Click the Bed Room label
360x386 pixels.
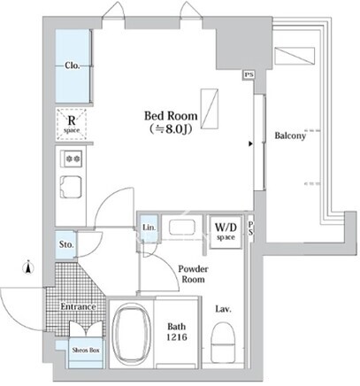(171, 116)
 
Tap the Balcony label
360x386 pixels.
(290, 135)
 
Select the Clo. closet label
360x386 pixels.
(73, 66)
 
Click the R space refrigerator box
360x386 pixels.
(72, 124)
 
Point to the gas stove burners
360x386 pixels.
(73, 159)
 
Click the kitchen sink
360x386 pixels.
(71, 187)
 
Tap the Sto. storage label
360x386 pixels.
(66, 244)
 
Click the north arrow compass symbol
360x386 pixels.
(28, 267)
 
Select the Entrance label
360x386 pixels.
(79, 306)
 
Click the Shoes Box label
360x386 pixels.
(86, 351)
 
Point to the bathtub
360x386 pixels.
(131, 334)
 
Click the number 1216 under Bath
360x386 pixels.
(177, 337)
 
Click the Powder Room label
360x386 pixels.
(193, 274)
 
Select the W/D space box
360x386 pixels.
(226, 232)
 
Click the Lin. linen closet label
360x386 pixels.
(149, 228)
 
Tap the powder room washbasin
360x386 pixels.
(182, 228)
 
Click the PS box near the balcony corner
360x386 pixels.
(249, 75)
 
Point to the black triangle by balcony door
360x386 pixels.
(250, 144)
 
